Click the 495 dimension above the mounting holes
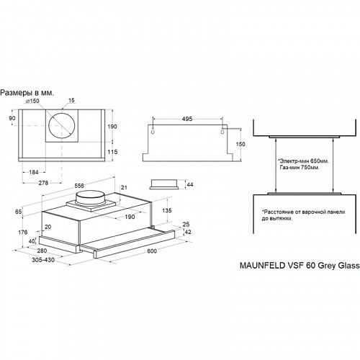pyautogui.click(x=187, y=119)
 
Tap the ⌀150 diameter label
pyautogui.click(x=32, y=101)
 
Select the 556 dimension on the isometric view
pyautogui.click(x=79, y=186)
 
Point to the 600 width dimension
pyautogui.click(x=152, y=251)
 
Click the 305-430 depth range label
pyautogui.click(x=43, y=260)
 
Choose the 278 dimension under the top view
pyautogui.click(x=43, y=183)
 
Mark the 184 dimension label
pyautogui.click(x=34, y=172)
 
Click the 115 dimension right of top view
pyautogui.click(x=112, y=152)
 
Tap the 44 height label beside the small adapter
pyautogui.click(x=190, y=184)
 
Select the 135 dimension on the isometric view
pyautogui.click(x=167, y=210)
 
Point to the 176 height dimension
pyautogui.click(x=22, y=232)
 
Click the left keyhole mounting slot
pyautogui.click(x=153, y=130)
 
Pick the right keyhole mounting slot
pyautogui.click(x=222, y=130)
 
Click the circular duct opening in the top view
pyautogui.click(x=62, y=125)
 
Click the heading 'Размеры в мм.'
pyautogui.click(x=27, y=93)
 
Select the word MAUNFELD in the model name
pyautogui.click(x=262, y=266)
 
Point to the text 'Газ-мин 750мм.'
pyautogui.click(x=300, y=167)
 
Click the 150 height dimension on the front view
pyautogui.click(x=240, y=144)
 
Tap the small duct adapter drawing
pyautogui.click(x=164, y=184)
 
